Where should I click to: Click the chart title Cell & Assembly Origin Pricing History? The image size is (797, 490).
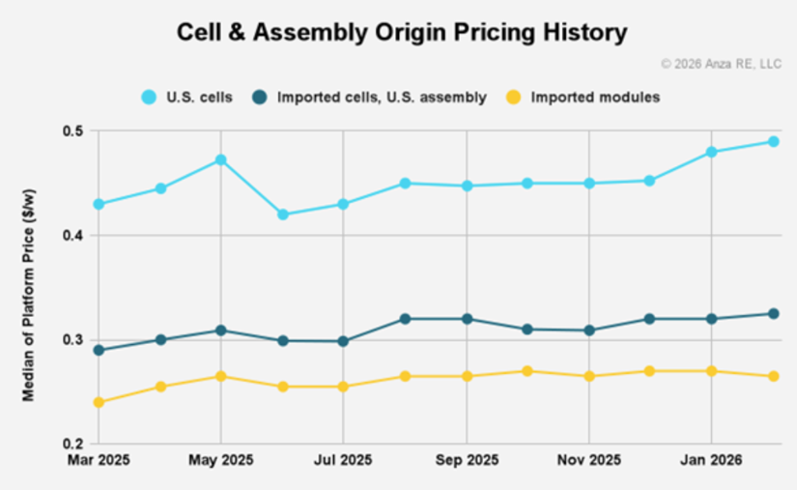pos(401,33)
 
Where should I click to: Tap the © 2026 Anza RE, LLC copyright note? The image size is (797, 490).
pos(721,64)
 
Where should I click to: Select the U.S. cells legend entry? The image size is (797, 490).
pos(187,98)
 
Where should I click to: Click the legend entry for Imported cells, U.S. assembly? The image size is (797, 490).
pos(368,98)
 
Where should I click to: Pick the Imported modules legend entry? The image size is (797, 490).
pos(584,98)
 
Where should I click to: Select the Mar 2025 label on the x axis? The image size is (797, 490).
pos(99,461)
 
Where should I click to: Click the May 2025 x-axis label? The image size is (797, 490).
pos(220,461)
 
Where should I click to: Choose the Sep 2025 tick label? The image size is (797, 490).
pos(467,461)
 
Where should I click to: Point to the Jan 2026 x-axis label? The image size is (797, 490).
pos(712,461)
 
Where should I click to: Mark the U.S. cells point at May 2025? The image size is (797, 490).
pos(220,160)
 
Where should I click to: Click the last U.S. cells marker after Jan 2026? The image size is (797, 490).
pos(774,142)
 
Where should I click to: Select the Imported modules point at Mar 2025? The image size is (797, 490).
pos(99,402)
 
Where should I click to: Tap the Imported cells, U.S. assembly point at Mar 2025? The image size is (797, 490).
pos(99,350)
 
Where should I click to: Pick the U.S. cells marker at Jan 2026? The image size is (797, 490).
pos(712,152)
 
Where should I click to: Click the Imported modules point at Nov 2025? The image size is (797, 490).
pos(589,376)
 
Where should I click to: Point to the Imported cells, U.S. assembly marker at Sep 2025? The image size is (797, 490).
pos(467,319)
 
